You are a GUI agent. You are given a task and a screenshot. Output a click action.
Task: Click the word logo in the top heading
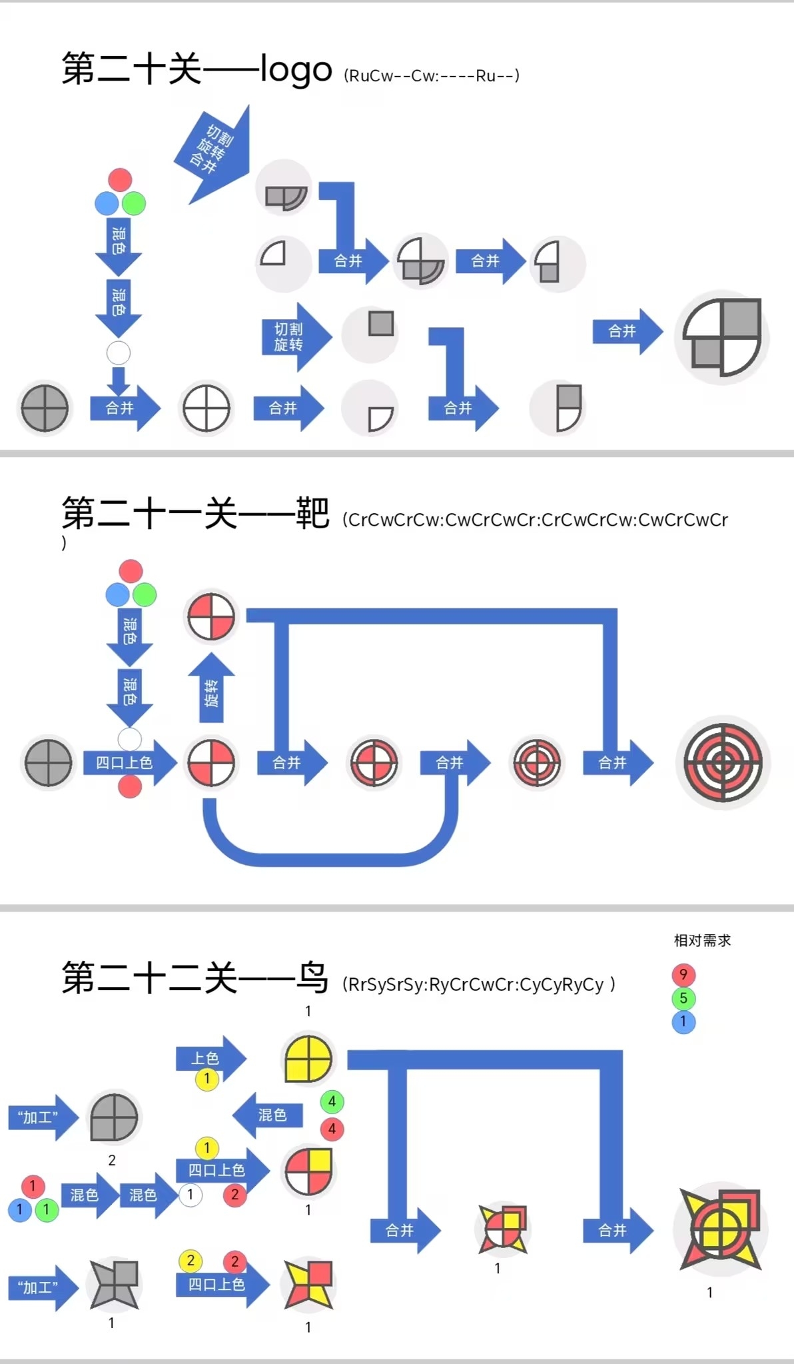[296, 69]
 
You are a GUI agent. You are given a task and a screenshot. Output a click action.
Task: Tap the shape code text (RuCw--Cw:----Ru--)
[432, 75]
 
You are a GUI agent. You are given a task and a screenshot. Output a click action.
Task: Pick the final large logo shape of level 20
[722, 337]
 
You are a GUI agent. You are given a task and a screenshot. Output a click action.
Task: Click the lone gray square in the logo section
[381, 324]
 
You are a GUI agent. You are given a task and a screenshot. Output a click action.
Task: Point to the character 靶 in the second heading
[312, 514]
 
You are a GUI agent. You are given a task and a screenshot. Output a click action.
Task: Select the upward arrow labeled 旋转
[211, 690]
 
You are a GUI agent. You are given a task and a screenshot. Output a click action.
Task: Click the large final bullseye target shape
[723, 763]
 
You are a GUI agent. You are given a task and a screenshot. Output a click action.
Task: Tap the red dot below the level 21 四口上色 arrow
[130, 787]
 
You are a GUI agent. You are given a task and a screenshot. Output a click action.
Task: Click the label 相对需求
[702, 940]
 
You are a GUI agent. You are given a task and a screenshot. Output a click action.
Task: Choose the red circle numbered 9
[683, 975]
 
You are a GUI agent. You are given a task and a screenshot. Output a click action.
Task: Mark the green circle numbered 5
[683, 998]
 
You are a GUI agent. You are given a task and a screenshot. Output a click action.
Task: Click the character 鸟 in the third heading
[312, 978]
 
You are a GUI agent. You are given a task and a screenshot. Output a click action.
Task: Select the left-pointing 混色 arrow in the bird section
[268, 1115]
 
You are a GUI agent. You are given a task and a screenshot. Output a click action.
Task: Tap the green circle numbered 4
[332, 1101]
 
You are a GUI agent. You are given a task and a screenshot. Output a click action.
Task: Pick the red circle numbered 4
[332, 1129]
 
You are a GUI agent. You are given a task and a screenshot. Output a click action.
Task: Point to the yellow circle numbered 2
[191, 1260]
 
